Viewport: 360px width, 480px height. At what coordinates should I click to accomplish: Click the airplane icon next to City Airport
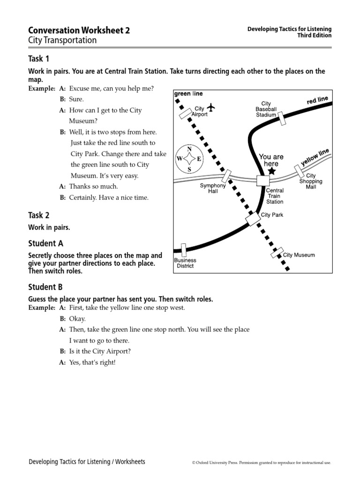(211, 107)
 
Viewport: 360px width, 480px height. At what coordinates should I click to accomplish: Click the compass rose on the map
(189, 159)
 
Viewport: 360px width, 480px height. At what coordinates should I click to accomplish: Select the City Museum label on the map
(299, 255)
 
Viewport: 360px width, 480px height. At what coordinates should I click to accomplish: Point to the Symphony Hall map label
(213, 188)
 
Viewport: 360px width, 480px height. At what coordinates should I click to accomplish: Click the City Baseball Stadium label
(266, 109)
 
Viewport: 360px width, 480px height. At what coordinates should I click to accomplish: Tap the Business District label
(185, 263)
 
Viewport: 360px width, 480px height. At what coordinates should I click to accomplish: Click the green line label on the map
(188, 93)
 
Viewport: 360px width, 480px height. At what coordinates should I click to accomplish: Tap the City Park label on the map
(272, 215)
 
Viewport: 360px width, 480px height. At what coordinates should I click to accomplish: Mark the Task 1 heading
(39, 59)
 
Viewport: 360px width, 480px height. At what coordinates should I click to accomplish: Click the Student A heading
(45, 243)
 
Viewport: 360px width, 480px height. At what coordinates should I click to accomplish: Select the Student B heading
(45, 287)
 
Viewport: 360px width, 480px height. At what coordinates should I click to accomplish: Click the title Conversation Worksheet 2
(79, 30)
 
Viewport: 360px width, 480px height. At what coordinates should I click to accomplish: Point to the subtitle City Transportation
(62, 40)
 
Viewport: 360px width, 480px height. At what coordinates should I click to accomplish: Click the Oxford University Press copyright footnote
(262, 463)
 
